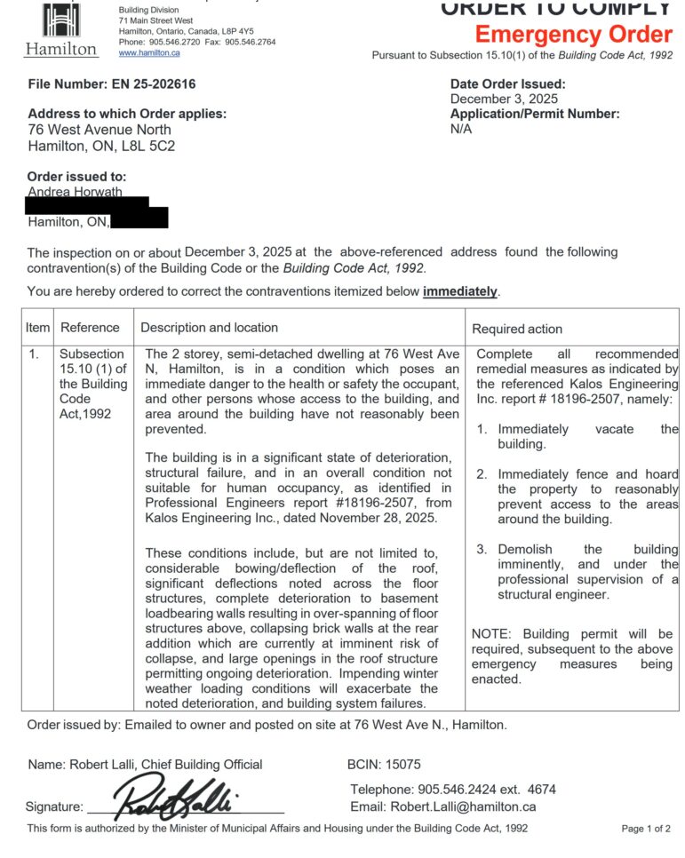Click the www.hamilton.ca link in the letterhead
click(149, 53)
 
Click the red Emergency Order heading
click(573, 36)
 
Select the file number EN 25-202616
click(147, 84)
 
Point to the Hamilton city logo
click(60, 30)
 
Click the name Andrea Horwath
click(76, 192)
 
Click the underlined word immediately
click(460, 291)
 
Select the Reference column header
click(90, 328)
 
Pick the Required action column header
click(517, 329)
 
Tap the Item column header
click(37, 328)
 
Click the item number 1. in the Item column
click(35, 354)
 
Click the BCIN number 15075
click(404, 764)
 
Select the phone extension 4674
click(542, 789)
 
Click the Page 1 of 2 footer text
click(646, 829)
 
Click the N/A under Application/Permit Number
click(461, 129)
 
